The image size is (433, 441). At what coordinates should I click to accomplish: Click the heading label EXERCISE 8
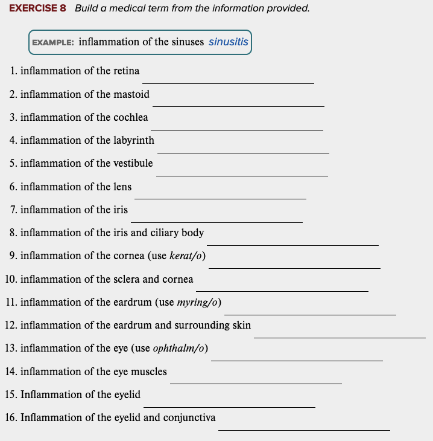click(x=37, y=8)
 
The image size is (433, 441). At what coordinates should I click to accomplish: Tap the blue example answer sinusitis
click(x=228, y=42)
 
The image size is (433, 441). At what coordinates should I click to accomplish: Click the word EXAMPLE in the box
click(x=53, y=43)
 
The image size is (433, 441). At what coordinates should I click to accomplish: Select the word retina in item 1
click(x=126, y=71)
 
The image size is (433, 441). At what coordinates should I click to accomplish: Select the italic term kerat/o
click(x=187, y=256)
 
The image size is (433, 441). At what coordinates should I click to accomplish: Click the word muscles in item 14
click(x=149, y=372)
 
